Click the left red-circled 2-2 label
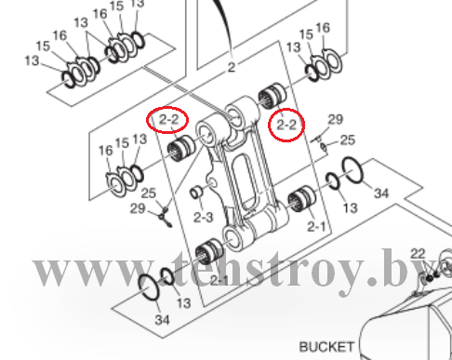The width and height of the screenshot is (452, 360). [169, 119]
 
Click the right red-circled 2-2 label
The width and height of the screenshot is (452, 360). [286, 125]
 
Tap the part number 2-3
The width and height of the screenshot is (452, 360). [204, 218]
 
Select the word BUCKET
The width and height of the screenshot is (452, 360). [326, 347]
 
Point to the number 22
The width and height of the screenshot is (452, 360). [418, 254]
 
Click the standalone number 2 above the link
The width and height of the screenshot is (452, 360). [232, 67]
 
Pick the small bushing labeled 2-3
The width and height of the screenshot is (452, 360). [196, 193]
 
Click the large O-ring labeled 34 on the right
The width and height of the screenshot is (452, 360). [352, 170]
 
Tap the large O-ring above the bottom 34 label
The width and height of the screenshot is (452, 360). [149, 287]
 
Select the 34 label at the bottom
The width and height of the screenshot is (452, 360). [162, 320]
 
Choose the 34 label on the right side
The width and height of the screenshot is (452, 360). [381, 193]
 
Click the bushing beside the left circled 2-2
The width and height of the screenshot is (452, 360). [181, 148]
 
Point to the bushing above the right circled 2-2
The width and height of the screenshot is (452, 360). [273, 96]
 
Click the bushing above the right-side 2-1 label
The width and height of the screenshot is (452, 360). [301, 199]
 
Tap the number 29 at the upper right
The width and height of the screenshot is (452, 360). [336, 119]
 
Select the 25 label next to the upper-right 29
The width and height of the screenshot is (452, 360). [348, 140]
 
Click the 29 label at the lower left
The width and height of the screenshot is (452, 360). [138, 208]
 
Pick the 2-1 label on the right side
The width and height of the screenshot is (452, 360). [316, 227]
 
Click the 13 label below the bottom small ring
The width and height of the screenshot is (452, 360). [183, 303]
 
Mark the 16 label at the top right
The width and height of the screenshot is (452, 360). [323, 28]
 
